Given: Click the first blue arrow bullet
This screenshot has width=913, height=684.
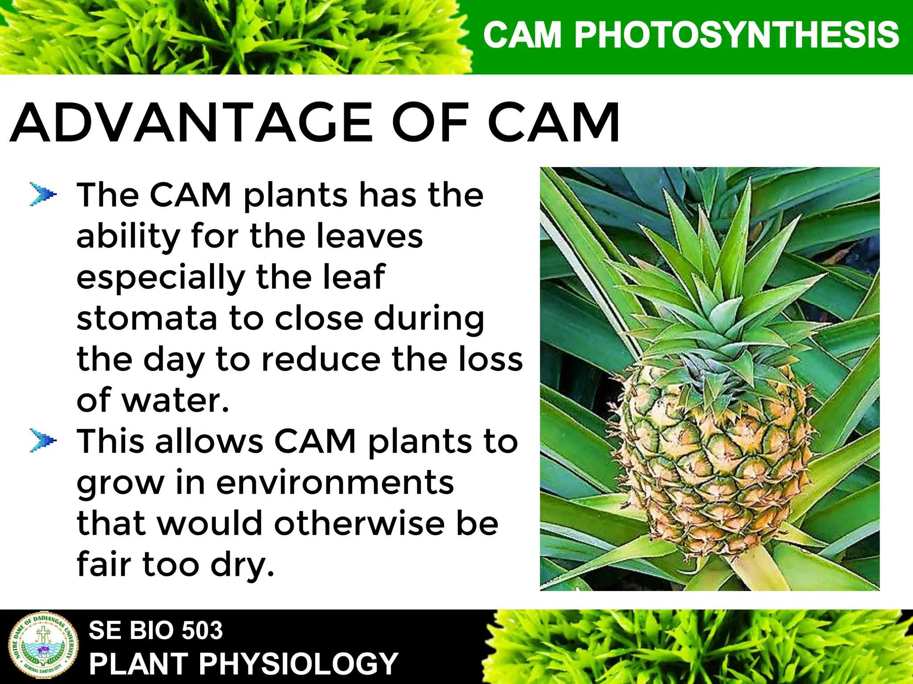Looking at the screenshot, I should tap(43, 195).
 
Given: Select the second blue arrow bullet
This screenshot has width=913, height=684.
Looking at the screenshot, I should tap(43, 440).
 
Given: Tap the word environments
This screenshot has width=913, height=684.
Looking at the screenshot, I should tap(335, 482).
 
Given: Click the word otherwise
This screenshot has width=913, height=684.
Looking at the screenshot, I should tap(359, 523).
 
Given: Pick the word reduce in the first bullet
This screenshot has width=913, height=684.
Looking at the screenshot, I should tap(321, 359).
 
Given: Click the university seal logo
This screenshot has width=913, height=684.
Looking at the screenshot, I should tap(43, 646).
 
